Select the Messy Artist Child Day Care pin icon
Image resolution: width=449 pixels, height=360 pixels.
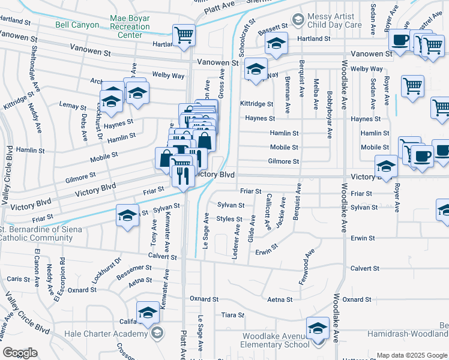[x=297, y=21]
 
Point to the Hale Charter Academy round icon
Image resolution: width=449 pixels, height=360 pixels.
[x=157, y=334]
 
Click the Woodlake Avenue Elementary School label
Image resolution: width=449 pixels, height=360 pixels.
[x=274, y=340]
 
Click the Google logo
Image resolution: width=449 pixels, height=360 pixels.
[x=20, y=353]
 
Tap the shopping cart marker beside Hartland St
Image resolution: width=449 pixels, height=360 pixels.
[x=184, y=34]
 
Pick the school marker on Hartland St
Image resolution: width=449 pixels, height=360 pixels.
[x=276, y=44]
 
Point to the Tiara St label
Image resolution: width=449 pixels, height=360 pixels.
[x=233, y=315]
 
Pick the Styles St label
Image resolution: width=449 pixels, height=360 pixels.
[x=229, y=219]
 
